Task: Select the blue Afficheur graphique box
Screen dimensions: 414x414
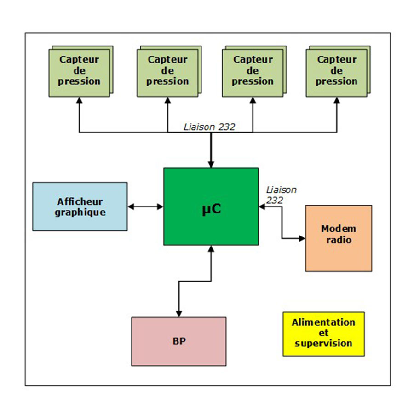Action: coord(80,207)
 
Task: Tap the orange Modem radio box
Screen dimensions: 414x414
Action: coord(339,238)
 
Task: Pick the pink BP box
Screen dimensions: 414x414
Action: coord(178,341)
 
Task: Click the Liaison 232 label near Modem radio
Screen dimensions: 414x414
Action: coord(281,195)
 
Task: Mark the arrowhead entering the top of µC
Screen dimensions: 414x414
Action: coord(211,165)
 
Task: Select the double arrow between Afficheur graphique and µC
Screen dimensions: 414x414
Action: coord(145,207)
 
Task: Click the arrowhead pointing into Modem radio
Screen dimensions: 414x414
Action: coord(302,238)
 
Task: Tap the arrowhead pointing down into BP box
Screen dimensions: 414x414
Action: coord(178,314)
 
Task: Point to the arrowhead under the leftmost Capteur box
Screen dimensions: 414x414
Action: coord(79,100)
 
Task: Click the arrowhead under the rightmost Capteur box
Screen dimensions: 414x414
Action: coord(336,100)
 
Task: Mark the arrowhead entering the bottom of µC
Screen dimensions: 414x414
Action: coord(211,249)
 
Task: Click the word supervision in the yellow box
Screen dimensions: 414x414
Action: coord(323,344)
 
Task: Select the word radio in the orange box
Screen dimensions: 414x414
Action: coord(339,240)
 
